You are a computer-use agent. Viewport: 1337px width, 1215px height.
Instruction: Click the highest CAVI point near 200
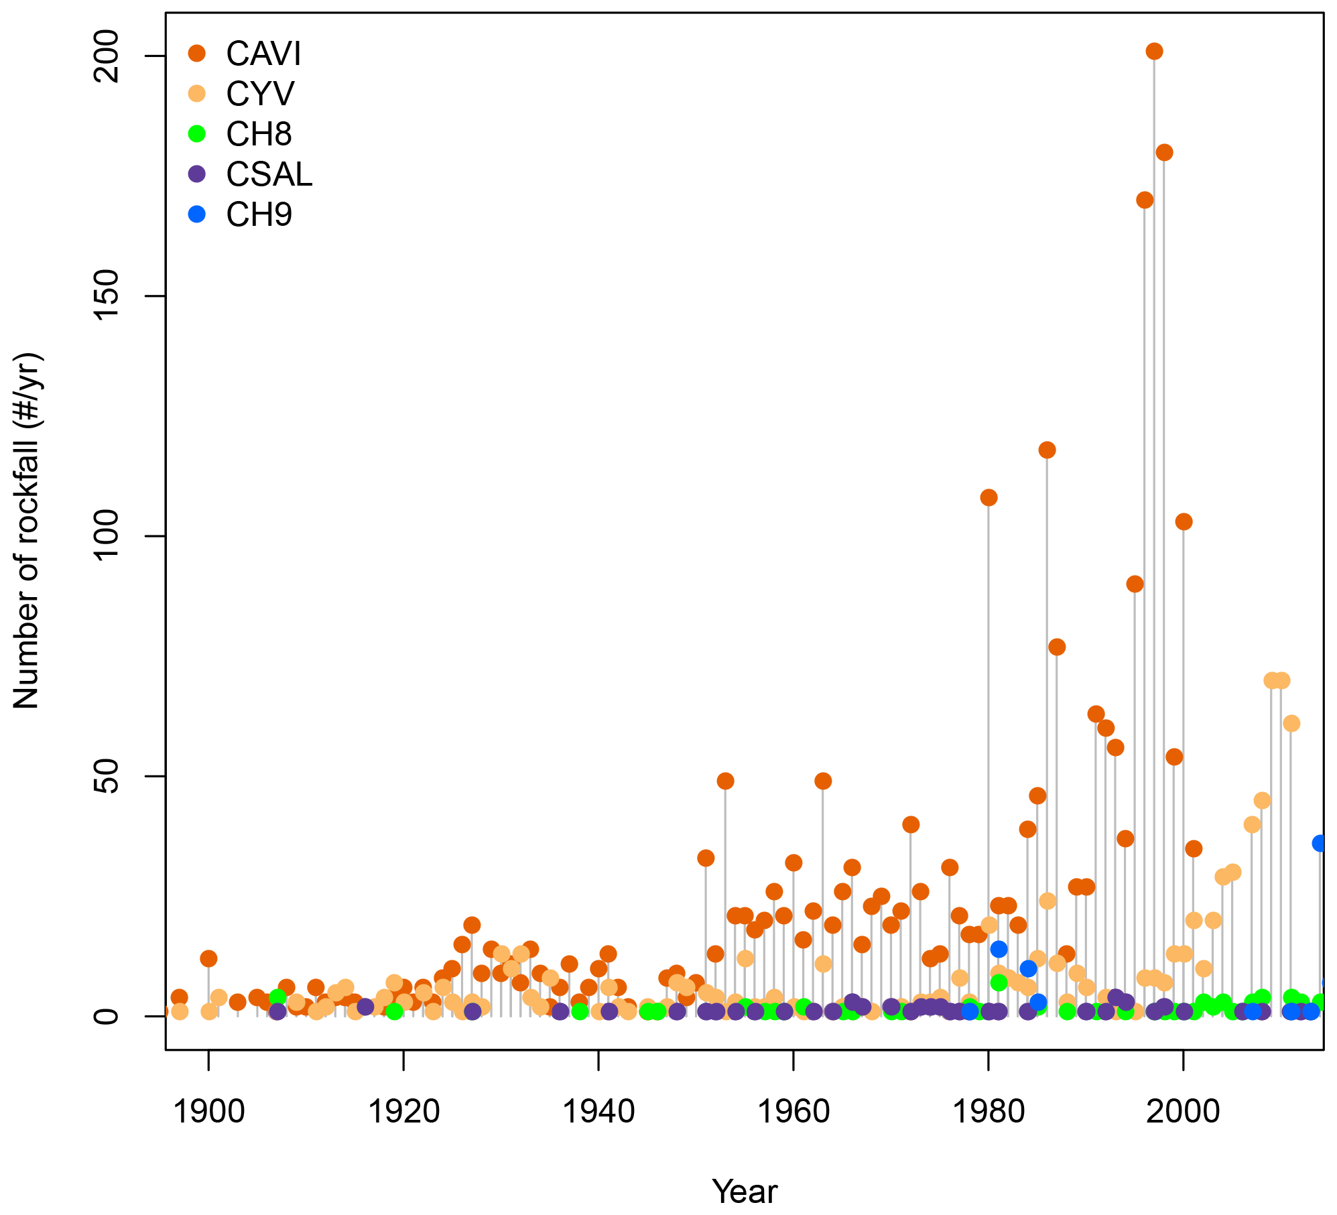[1153, 52]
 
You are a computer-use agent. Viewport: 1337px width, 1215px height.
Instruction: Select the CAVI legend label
[263, 54]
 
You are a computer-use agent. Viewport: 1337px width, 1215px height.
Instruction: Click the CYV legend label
[260, 94]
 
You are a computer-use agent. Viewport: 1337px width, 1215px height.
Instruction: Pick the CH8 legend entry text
[259, 134]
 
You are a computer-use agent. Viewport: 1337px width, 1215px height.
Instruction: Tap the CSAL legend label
[269, 174]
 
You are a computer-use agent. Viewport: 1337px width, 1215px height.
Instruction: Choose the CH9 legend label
[259, 214]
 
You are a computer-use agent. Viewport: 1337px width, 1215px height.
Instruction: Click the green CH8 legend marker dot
[196, 133]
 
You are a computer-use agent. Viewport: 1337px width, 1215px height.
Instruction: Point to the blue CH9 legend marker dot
[196, 214]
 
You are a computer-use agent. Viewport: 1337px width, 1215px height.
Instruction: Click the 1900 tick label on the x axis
[208, 1112]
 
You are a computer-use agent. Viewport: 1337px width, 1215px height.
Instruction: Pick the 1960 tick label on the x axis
[793, 1112]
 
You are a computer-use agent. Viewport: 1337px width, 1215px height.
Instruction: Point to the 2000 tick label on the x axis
[1183, 1112]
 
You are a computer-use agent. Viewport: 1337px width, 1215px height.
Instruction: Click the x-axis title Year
[745, 1191]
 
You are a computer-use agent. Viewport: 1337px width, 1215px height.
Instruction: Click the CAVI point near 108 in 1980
[989, 497]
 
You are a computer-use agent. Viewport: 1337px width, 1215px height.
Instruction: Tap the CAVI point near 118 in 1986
[1047, 450]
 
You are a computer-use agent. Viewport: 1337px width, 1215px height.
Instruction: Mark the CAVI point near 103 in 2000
[1184, 521]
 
